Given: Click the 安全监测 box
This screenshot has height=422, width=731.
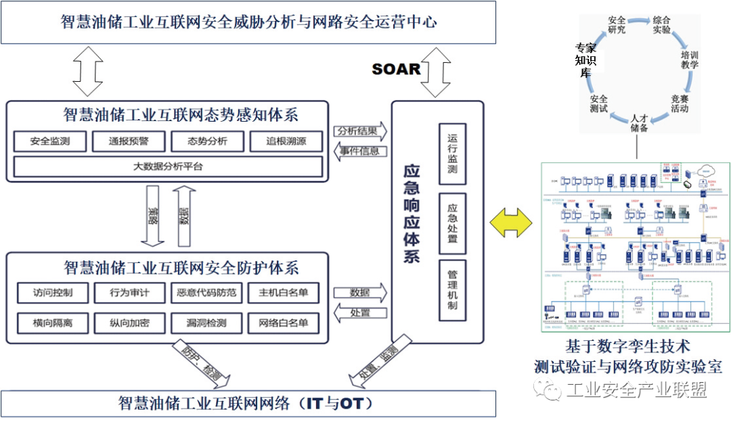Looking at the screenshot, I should (x=49, y=141).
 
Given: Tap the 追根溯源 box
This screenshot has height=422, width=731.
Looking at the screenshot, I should (x=286, y=141).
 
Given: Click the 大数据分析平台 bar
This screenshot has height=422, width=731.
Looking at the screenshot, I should (x=167, y=166).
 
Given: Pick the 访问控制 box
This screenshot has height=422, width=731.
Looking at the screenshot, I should (x=51, y=293).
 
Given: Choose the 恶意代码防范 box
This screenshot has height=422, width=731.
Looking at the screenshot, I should (x=206, y=293).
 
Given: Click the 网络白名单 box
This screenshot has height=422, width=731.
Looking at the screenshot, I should (x=283, y=323).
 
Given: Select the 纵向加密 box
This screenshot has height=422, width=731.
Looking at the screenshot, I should (x=129, y=323).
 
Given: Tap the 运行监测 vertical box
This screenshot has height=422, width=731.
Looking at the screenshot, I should (x=452, y=154).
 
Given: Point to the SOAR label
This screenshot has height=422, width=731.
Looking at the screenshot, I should (x=396, y=69).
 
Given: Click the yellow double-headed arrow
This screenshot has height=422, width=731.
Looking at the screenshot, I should (x=512, y=222).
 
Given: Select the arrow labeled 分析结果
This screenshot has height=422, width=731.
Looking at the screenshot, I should (x=359, y=131).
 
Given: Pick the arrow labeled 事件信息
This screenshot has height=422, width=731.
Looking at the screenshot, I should (x=359, y=151).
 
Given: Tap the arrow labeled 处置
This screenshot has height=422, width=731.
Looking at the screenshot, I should (x=359, y=312).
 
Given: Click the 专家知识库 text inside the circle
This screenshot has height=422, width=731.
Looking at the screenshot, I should (x=585, y=60).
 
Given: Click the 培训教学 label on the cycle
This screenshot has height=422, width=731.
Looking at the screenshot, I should (x=690, y=60).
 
